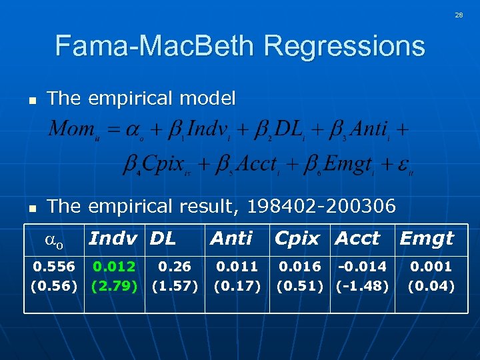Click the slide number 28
pyautogui.click(x=459, y=15)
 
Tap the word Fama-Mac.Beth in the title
pyautogui.click(x=156, y=47)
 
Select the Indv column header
pyautogui.click(x=113, y=238)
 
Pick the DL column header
pyautogui.click(x=163, y=238)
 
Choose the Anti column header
pyautogui.click(x=231, y=238)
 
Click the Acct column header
pyautogui.click(x=357, y=238)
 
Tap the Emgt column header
pyautogui.click(x=427, y=238)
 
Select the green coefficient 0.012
pyautogui.click(x=115, y=267)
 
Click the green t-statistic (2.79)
pyautogui.click(x=115, y=287)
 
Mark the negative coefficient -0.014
pyautogui.click(x=362, y=267)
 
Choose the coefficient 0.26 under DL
pyautogui.click(x=175, y=267)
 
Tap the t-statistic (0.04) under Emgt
pyautogui.click(x=431, y=287)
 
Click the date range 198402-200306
pyautogui.click(x=325, y=206)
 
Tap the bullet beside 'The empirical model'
pyautogui.click(x=31, y=100)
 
